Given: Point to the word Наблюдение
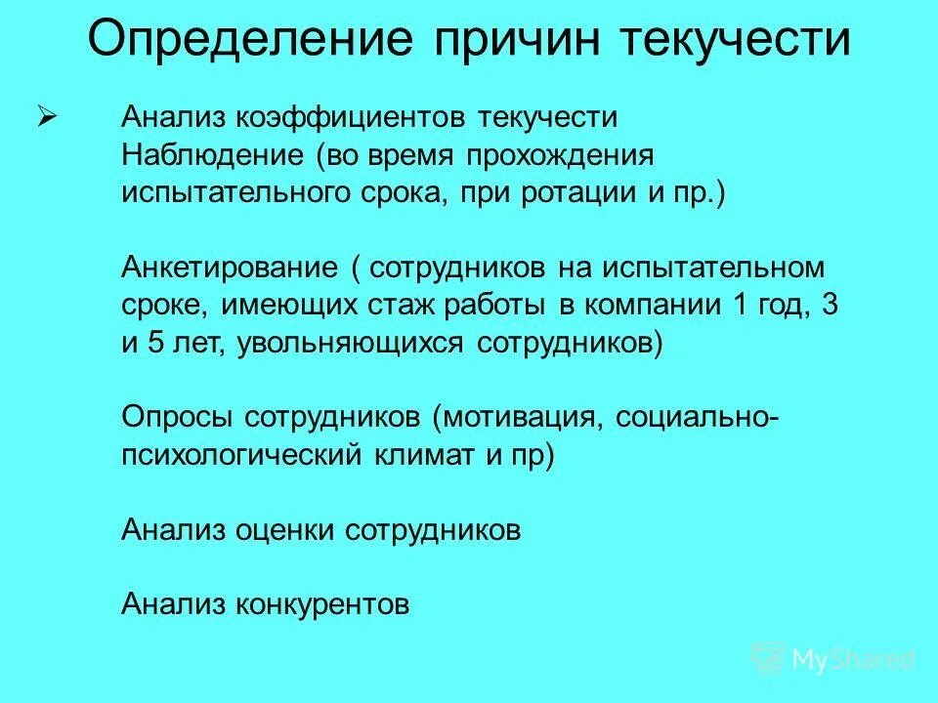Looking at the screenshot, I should (211, 155).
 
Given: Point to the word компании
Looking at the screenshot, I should (652, 305).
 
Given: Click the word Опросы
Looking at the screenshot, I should (178, 417).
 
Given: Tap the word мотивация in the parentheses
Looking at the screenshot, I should (522, 417).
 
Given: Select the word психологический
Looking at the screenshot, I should (243, 455).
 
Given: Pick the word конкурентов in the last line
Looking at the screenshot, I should (321, 604).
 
